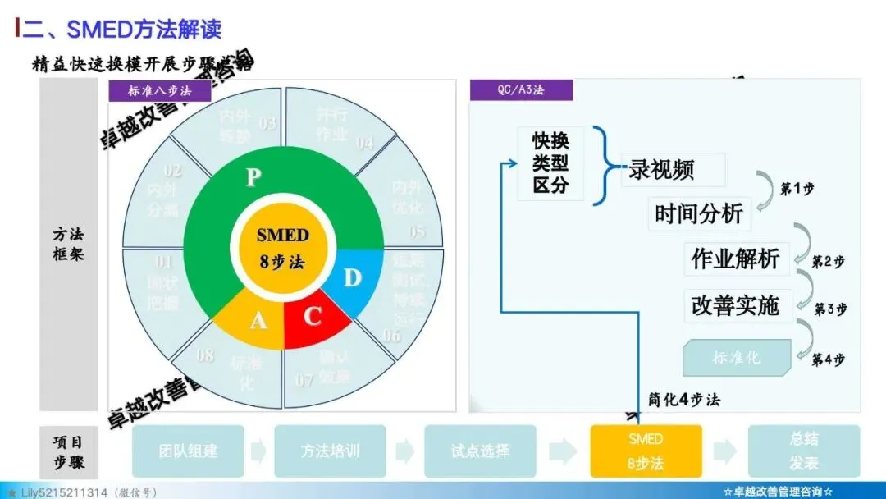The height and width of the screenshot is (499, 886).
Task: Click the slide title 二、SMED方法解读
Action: tap(121, 30)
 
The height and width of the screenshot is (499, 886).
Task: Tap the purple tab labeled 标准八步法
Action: tap(159, 91)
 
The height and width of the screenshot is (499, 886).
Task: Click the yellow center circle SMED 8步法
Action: tap(283, 249)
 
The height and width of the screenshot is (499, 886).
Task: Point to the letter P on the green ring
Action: tap(253, 178)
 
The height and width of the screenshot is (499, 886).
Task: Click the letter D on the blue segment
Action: tap(352, 279)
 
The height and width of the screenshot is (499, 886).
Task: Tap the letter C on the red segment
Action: tap(313, 317)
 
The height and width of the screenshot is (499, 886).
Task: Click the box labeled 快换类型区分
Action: tap(550, 163)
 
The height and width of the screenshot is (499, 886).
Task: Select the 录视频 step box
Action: tap(674, 170)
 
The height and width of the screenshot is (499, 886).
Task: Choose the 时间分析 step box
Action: tap(699, 214)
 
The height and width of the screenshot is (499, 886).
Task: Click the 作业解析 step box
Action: tap(735, 259)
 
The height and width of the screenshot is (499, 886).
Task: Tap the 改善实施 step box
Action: tap(735, 305)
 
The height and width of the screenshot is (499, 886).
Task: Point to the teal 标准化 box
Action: tap(737, 358)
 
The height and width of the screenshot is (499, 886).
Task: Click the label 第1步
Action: tap(797, 189)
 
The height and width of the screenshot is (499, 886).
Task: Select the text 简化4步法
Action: tap(684, 401)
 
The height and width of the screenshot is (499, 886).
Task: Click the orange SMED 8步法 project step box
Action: tap(646, 451)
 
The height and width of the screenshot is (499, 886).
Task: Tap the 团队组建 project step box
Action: tap(188, 451)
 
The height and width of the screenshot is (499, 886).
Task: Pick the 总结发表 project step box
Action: tap(803, 451)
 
